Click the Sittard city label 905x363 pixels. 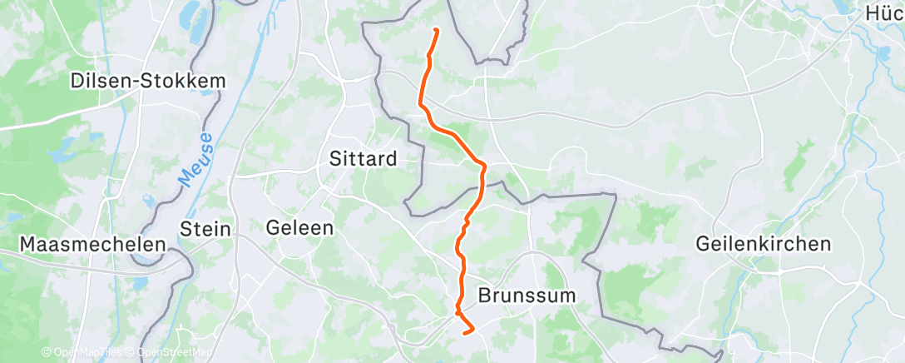coord(363,158)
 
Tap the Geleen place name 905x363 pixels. coord(299,227)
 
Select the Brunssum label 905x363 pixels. coord(527,296)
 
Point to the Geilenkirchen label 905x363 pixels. coord(764,244)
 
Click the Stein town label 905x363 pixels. coord(206,228)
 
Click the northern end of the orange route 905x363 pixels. coord(437,31)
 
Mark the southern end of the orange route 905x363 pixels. coord(472,331)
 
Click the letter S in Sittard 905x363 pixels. coord(336,158)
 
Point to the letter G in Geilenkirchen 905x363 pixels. coord(704,244)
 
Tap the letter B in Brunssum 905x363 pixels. coord(484,296)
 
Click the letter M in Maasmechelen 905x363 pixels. coord(27,245)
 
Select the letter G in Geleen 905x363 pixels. coord(272,227)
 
